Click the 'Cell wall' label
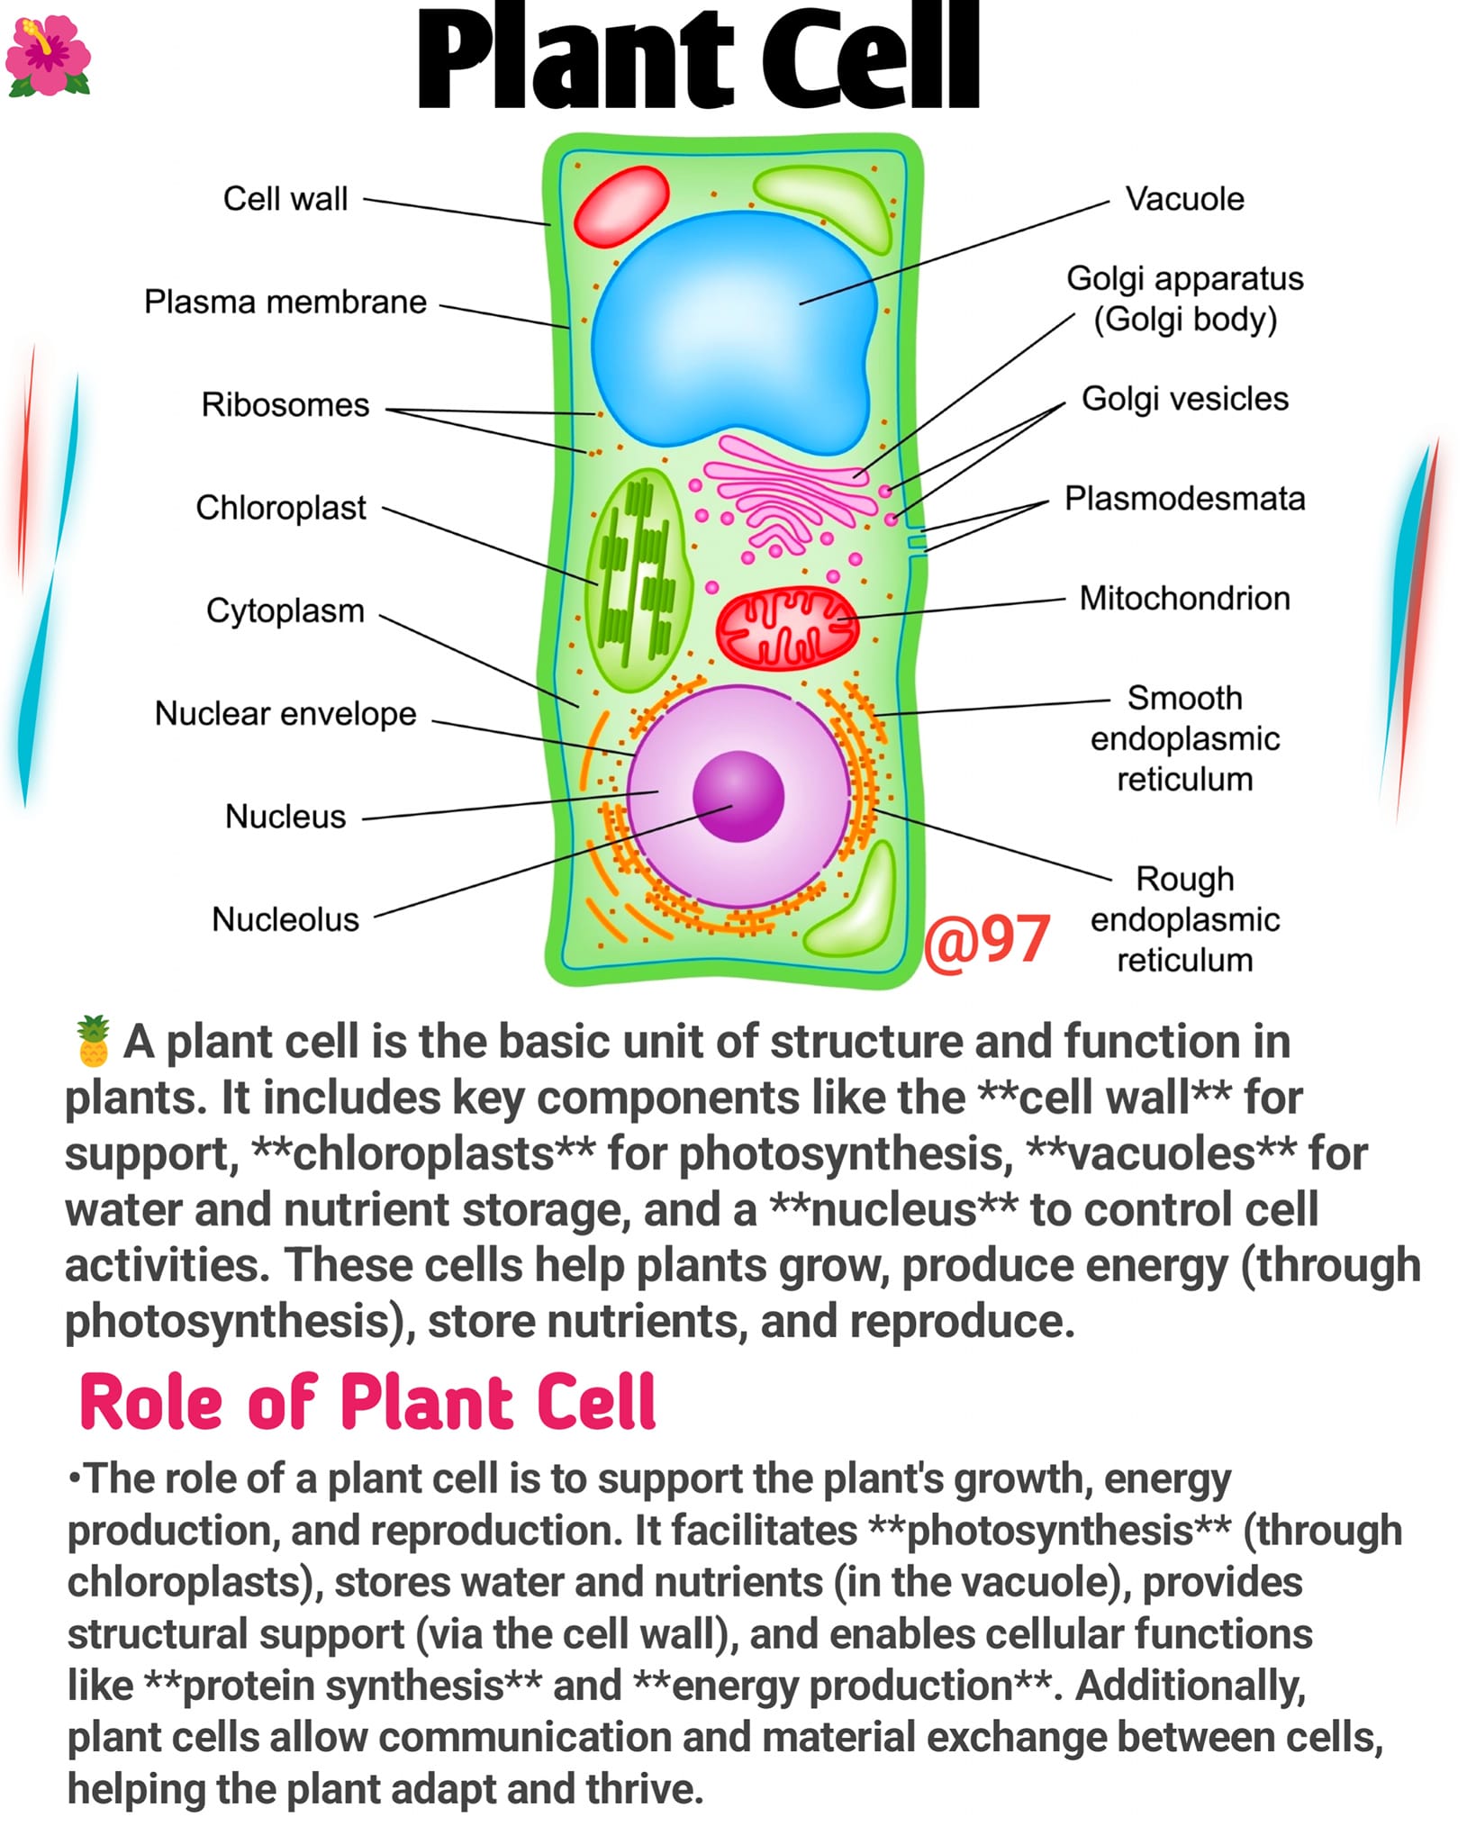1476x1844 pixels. (285, 199)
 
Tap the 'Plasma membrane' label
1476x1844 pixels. (285, 302)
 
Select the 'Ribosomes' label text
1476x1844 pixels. (285, 405)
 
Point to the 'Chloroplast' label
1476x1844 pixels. (281, 508)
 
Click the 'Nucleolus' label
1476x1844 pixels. (285, 919)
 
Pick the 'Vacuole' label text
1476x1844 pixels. (1185, 199)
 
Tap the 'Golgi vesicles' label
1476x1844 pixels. (1185, 399)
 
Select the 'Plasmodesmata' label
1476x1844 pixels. (1185, 499)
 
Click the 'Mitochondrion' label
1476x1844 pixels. (1185, 599)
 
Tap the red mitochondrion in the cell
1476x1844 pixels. (787, 629)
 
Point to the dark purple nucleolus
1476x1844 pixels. (738, 797)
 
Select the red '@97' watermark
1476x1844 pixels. (987, 940)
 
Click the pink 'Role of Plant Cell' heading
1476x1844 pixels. (367, 1403)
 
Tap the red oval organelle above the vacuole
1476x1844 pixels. (622, 206)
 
